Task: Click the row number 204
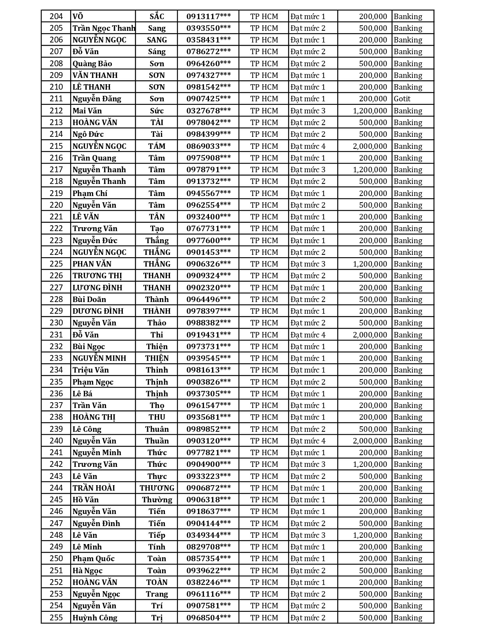pos(56,16)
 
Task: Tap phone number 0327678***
pos(209,111)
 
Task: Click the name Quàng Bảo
pos(92,64)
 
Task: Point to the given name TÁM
pos(157,146)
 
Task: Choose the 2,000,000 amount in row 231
pos(370,335)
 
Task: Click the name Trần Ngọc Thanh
pos(104,28)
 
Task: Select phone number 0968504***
pos(209,618)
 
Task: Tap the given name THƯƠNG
pos(157,488)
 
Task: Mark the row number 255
pos(56,618)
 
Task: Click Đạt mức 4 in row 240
pos(308,441)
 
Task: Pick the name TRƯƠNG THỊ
pos(97,276)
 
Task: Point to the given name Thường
pos(157,500)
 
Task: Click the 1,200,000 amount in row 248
pos(370,535)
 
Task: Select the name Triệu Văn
pos(90,370)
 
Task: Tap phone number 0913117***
pos(209,16)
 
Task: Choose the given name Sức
pos(157,111)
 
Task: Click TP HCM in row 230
pos(264,323)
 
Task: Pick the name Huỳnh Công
pos(95,618)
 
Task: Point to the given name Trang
pos(157,594)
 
